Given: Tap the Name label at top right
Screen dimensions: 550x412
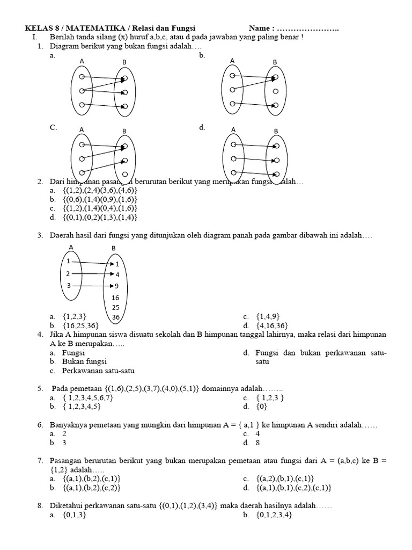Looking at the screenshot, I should coord(261,28).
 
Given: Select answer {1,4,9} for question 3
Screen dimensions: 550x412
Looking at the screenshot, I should coord(268,316).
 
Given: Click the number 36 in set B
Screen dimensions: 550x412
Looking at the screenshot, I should coord(115,317).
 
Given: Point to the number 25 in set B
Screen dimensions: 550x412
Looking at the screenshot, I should coord(115,307).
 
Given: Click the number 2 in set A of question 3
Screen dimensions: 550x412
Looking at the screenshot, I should coord(68,273).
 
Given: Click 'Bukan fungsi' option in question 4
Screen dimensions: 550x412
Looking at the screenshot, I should coord(84,361).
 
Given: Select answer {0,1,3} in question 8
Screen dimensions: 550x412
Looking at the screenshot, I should coord(75,515).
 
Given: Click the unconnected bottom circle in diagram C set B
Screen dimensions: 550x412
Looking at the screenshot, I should coord(124,175).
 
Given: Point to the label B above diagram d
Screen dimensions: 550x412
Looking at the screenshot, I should coord(276,131).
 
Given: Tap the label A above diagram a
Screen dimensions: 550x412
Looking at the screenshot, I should coord(82,61).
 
